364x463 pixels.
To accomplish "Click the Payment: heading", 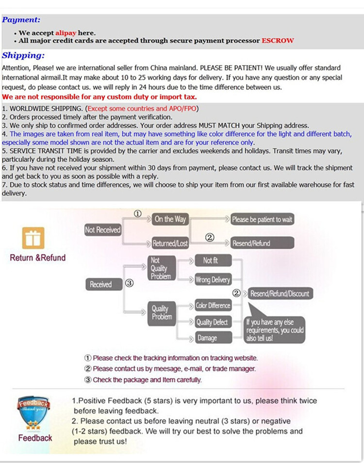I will coord(21,20).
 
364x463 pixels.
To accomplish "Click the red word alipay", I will coord(66,33).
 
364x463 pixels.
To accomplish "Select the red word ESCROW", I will coord(278,41).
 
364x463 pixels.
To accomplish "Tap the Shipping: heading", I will coord(23,55).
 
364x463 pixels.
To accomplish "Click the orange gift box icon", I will coord(33,238).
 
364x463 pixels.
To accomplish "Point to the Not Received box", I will coord(102,230).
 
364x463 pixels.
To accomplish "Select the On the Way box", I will coord(170,219).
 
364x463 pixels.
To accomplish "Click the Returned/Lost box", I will coord(170,243).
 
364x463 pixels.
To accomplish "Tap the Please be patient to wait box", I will coord(262,220).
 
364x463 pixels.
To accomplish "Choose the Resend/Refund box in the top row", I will coord(262,243).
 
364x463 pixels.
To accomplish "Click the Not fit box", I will coord(213,261).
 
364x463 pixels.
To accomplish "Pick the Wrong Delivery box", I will coord(213,280).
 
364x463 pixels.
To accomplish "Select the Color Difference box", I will coord(213,306).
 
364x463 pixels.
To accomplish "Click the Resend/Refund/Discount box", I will coord(279,293).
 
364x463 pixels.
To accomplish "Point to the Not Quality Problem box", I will coord(160,268).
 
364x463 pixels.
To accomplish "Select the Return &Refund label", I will coord(37,257).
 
